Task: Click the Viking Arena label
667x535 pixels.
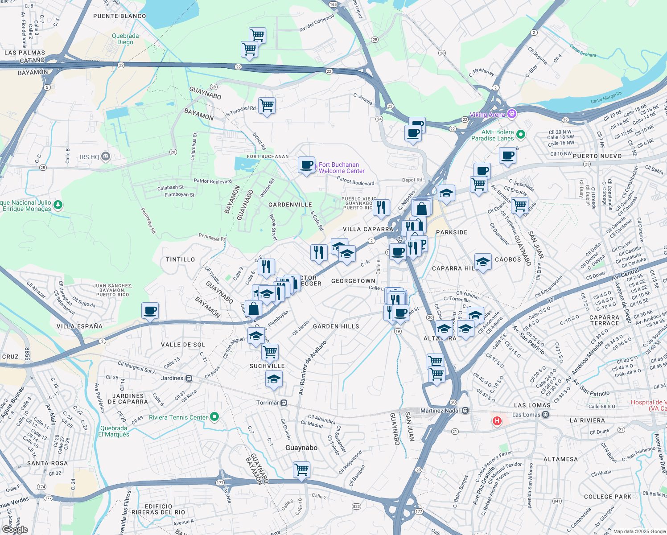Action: click(x=487, y=115)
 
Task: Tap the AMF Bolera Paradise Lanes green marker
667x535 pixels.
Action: click(x=520, y=134)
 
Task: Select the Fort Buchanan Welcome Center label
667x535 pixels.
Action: click(x=342, y=168)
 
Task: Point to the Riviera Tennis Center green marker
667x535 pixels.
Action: click(x=214, y=417)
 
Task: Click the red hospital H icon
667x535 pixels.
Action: click(x=497, y=420)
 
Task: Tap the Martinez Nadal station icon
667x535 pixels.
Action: click(x=465, y=410)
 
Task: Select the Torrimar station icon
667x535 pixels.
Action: click(x=284, y=403)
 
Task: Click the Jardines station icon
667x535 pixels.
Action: click(x=189, y=378)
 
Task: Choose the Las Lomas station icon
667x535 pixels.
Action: click(x=545, y=415)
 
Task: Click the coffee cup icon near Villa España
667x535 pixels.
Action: click(x=150, y=310)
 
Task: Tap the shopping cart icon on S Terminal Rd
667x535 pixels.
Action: click(x=267, y=106)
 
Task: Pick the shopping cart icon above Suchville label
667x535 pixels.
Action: click(x=270, y=352)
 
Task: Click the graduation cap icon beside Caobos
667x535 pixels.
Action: click(x=483, y=262)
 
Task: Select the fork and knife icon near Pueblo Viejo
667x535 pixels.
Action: click(x=381, y=207)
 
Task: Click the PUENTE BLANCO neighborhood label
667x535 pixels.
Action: click(x=119, y=16)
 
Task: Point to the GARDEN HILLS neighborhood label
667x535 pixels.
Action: click(x=336, y=326)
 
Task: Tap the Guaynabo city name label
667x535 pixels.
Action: click(x=301, y=448)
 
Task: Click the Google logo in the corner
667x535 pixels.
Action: click(x=15, y=529)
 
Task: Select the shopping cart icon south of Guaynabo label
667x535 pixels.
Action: click(x=302, y=469)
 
